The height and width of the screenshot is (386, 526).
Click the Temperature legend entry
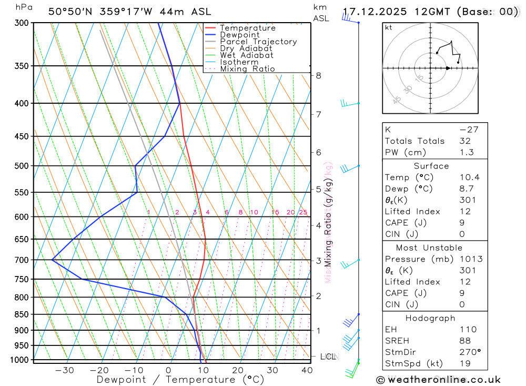click(x=247, y=28)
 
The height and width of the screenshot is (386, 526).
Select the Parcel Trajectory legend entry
click(x=258, y=42)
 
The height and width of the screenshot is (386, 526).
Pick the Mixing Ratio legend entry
click(x=247, y=68)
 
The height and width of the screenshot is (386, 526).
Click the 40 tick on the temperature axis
click(x=307, y=370)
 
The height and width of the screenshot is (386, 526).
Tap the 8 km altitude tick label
click(x=318, y=75)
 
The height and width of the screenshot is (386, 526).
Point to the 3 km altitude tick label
click(x=318, y=261)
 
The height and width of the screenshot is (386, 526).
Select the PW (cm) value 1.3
click(x=467, y=153)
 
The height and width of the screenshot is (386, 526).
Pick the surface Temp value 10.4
click(x=469, y=177)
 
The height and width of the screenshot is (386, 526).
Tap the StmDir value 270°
click(x=470, y=352)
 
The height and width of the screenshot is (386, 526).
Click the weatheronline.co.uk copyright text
click(x=439, y=380)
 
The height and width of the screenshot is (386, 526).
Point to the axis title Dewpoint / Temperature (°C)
click(x=180, y=380)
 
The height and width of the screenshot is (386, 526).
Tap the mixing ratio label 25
click(x=303, y=212)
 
